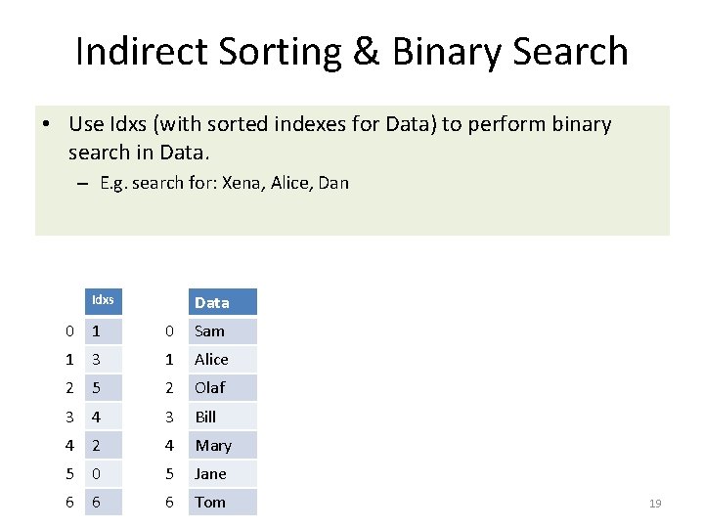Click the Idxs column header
coord(103,300)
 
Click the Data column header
coord(222,302)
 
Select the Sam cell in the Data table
coord(222,330)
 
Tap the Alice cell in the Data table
coord(222,359)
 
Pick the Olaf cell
coord(222,387)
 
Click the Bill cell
coord(222,417)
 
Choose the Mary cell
coord(222,445)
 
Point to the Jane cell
coord(222,473)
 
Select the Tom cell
coord(222,502)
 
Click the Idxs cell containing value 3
coord(103,359)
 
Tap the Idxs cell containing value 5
coord(103,387)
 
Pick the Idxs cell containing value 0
coord(103,473)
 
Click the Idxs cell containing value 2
coord(103,445)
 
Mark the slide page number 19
coord(655,503)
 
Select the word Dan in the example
coord(333,183)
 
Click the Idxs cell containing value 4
coord(103,417)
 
